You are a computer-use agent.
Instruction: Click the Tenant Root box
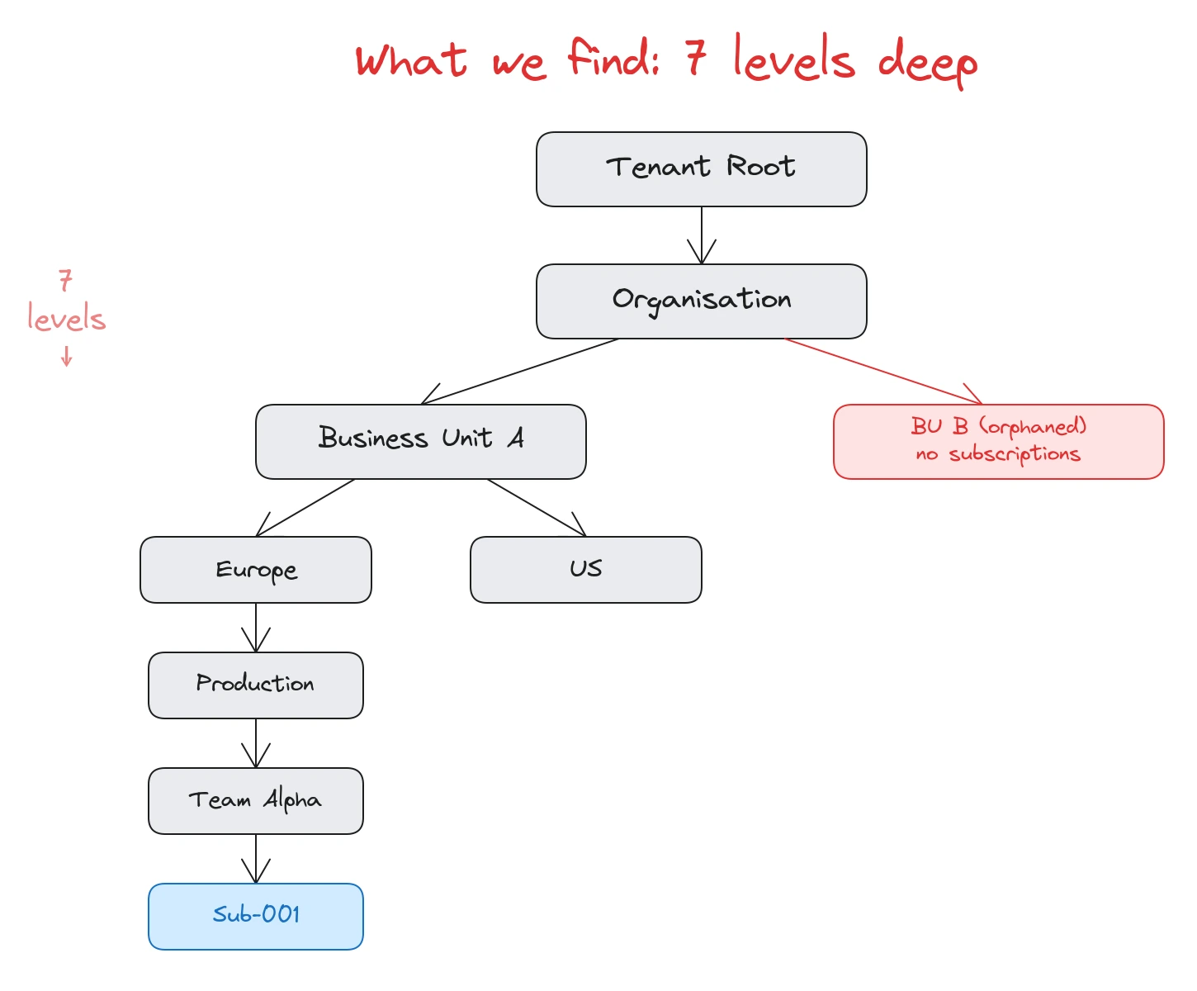coord(701,169)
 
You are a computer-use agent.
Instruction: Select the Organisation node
coord(701,301)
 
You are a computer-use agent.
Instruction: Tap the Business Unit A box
coord(420,442)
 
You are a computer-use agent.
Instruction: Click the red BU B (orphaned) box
coord(998,442)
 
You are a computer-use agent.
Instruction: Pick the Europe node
coord(255,570)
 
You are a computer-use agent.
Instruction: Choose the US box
coord(585,570)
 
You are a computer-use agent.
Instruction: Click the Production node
coord(255,685)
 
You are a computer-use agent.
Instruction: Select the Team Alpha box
coord(255,801)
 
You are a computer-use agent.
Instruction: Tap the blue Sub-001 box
coord(255,917)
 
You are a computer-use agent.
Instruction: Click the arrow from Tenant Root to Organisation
coord(702,235)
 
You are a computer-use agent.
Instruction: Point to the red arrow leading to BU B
coord(883,372)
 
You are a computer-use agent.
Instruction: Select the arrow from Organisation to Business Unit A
coord(520,372)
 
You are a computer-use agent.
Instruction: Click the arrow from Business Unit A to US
coord(537,508)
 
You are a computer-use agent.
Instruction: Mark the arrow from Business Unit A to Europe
coord(305,508)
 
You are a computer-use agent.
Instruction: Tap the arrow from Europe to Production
coord(256,628)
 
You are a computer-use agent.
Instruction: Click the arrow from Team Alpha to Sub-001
coord(256,859)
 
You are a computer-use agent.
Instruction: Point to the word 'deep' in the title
coord(927,62)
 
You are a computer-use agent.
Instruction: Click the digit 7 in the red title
coord(696,58)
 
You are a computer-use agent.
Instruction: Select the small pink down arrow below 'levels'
coord(67,357)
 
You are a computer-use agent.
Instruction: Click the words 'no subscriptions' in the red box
coord(998,454)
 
